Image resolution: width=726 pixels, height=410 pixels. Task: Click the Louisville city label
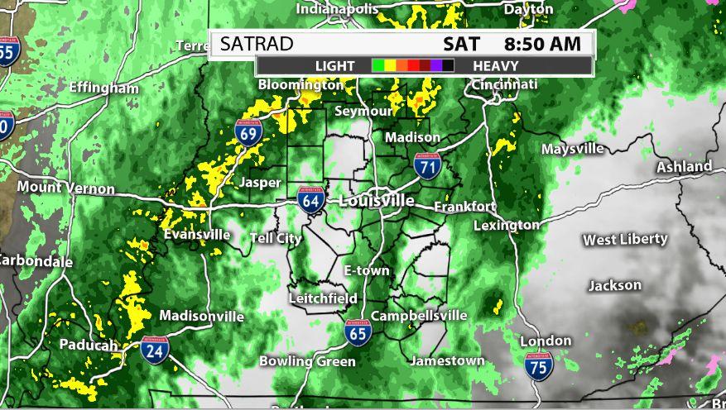pos(377,201)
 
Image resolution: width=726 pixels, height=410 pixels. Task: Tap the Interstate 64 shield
pos(310,200)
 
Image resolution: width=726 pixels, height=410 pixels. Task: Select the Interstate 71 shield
pos(426,167)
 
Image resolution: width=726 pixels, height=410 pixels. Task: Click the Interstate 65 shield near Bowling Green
pos(358,331)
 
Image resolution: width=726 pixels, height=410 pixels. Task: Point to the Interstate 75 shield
pos(538,365)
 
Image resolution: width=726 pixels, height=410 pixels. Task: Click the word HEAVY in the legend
pos(497,65)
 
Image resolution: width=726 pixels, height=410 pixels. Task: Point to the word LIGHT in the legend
pos(334,65)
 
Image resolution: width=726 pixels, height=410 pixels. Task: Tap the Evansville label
pos(197,234)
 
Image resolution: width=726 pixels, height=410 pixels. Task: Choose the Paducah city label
pos(88,345)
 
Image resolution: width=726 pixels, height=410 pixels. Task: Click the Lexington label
pos(507,224)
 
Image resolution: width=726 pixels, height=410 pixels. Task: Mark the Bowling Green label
pos(307,361)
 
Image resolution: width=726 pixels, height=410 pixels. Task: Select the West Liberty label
pos(625,240)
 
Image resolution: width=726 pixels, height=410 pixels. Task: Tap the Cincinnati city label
pos(504,84)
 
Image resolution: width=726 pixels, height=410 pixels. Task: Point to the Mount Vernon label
pos(65,188)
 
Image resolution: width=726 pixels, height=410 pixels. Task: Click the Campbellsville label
pos(419,316)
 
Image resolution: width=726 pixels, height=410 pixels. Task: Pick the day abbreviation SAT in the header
pos(461,43)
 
